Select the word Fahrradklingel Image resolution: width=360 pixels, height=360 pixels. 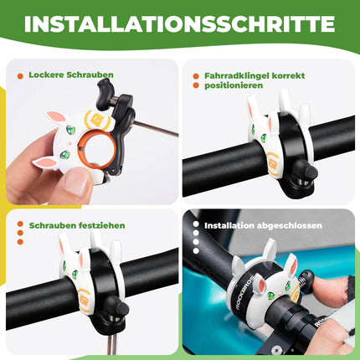point(234,75)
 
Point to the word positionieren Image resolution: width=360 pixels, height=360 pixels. point(231,85)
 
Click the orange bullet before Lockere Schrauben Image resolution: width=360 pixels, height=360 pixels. point(20,75)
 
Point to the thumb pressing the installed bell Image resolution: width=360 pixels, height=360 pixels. point(331,280)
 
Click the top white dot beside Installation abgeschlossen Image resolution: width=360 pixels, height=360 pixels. point(194,225)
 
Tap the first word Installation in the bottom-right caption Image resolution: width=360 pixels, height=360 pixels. point(224,225)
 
